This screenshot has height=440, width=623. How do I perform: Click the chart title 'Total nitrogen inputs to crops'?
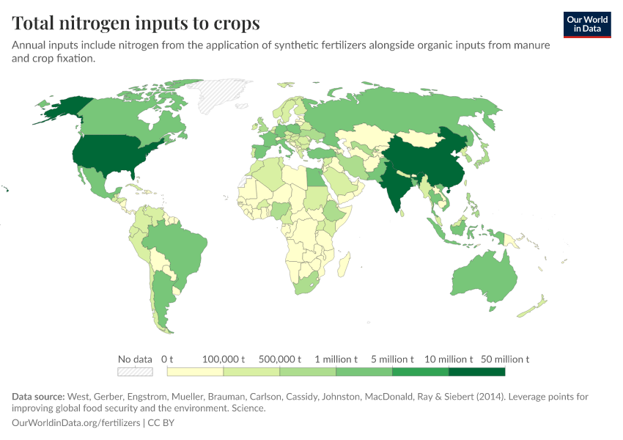136,23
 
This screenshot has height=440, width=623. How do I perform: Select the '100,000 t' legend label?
224,359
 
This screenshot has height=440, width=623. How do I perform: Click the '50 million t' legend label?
505,359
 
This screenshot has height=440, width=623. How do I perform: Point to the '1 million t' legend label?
336,359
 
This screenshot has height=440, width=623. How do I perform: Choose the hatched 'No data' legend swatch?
135,372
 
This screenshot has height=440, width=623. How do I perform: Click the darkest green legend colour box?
476,372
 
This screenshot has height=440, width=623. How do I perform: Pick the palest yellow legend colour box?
195,372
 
